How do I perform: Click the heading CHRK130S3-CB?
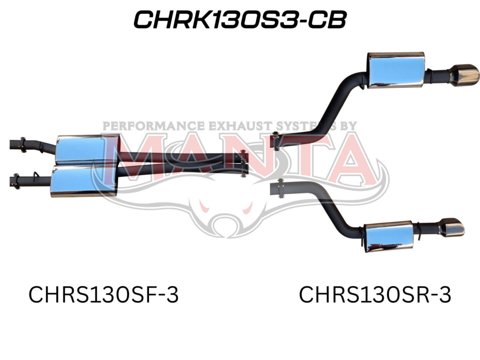[240, 20]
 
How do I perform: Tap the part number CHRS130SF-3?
[104, 295]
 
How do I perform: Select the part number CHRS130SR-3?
[375, 295]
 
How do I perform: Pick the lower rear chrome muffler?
[389, 237]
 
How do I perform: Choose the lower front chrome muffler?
[83, 181]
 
